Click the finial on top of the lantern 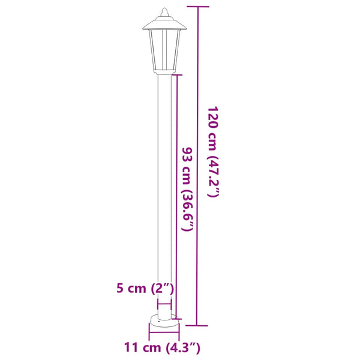164,11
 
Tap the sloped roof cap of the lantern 164,24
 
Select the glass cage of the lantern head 164,51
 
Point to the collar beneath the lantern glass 164,73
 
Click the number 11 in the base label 131,347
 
